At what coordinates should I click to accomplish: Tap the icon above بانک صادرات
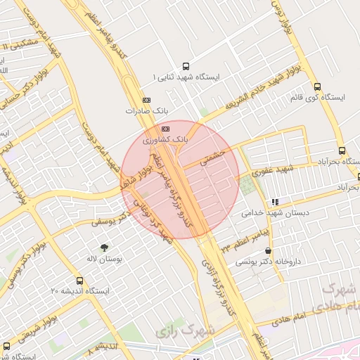click(146, 100)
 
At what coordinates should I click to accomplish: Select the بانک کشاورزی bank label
click(166, 141)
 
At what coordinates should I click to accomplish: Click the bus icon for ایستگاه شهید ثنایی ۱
click(186, 64)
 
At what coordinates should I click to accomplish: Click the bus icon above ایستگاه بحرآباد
click(342, 150)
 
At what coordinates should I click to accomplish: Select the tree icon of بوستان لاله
click(105, 247)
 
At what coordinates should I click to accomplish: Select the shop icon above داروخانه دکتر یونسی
click(269, 250)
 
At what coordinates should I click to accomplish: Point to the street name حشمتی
click(212, 156)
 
